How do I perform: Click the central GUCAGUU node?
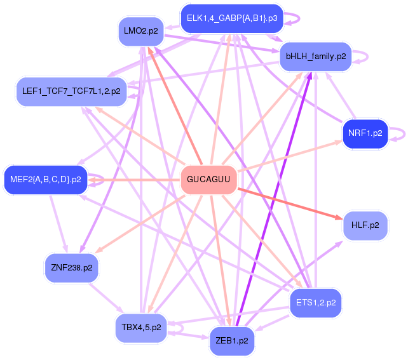[x=208, y=180]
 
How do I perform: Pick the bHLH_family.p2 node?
[x=315, y=57]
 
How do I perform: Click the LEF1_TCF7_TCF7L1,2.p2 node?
[x=71, y=91]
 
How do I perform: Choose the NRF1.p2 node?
[x=365, y=133]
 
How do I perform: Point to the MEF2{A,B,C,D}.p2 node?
[x=45, y=180]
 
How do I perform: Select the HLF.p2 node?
[x=365, y=225]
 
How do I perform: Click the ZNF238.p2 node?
[x=71, y=267]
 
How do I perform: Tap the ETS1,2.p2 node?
[x=315, y=303]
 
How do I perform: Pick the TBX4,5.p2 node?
[x=141, y=328]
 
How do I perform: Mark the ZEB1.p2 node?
[x=231, y=341]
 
